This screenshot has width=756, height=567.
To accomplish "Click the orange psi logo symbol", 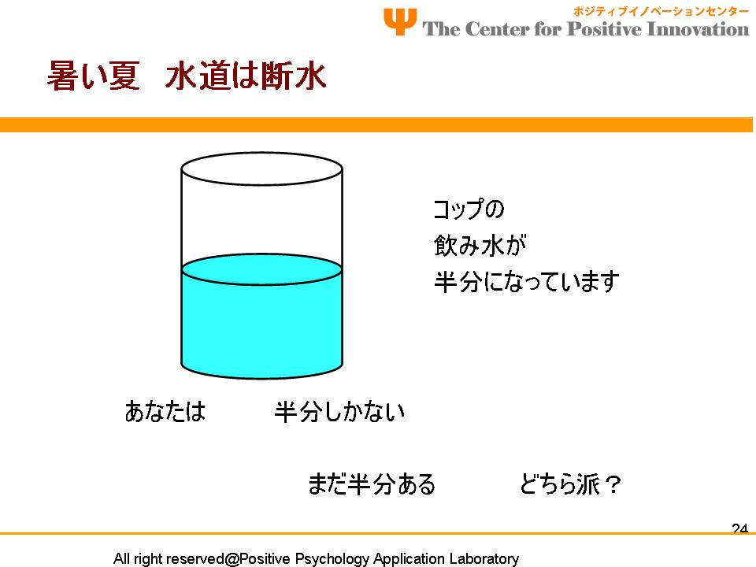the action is (400, 21).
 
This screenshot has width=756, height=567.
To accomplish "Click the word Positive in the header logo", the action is (604, 29).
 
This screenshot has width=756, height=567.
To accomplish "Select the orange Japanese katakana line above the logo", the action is (661, 11).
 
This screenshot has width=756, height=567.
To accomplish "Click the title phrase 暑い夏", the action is (94, 76).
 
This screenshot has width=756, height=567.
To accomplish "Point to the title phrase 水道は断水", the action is (246, 76).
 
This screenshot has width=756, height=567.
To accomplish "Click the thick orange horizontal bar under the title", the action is (376, 124).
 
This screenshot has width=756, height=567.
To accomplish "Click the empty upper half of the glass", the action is (261, 220).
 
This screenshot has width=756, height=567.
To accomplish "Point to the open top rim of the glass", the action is (261, 154).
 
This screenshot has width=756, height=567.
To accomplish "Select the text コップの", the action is (469, 209).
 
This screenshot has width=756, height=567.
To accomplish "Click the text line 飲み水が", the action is (480, 246).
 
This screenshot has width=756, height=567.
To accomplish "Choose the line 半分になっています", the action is (526, 282).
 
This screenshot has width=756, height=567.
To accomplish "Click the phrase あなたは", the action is (165, 411).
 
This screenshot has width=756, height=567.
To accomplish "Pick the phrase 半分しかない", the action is (339, 411).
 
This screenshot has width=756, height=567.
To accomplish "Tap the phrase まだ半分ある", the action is (372, 484).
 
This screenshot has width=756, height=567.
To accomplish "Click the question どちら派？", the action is (570, 484).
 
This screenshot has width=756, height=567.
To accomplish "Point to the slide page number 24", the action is (739, 528).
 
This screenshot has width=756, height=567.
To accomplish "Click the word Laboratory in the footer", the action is (484, 559).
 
